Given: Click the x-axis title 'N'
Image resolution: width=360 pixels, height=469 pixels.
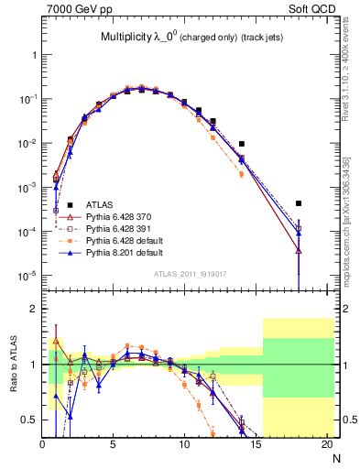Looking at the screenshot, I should pyautogui.click(x=334, y=459).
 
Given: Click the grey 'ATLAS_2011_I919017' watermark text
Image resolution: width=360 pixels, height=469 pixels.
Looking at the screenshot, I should pyautogui.click(x=187, y=273).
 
